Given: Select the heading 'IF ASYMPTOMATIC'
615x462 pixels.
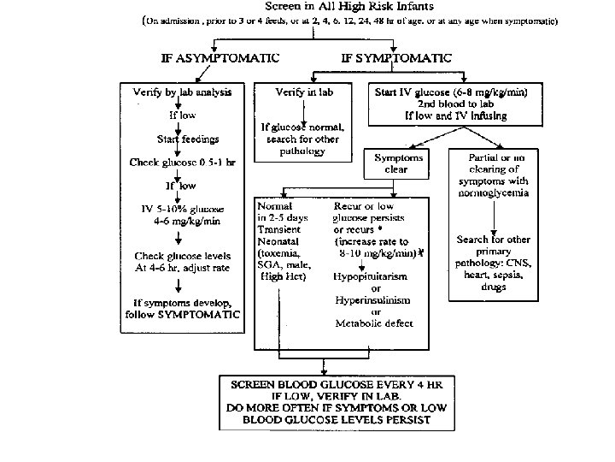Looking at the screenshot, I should click(x=220, y=58).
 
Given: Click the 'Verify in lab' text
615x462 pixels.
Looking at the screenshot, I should click(x=304, y=91).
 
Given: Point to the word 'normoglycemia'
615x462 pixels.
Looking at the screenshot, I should click(x=500, y=192).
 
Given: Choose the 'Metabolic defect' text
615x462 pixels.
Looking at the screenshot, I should click(x=375, y=323).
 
